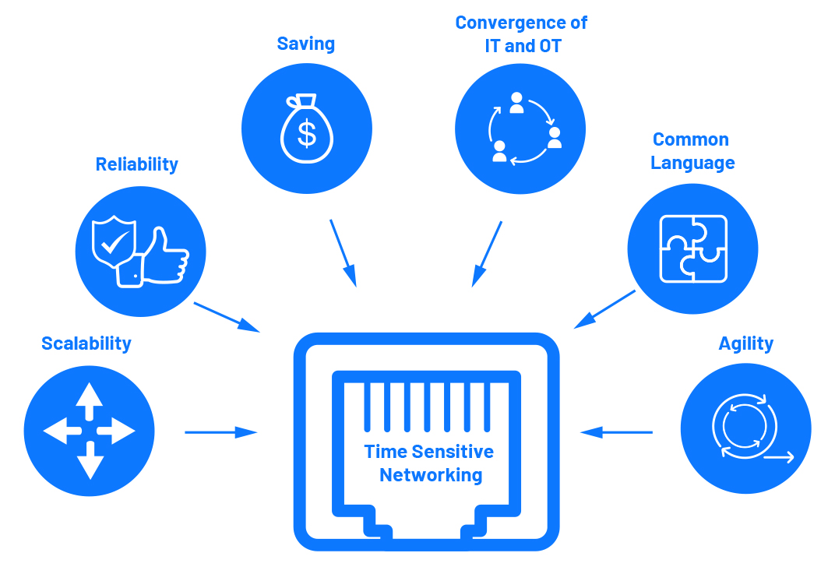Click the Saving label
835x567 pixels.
coord(305,44)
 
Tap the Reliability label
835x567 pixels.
coord(137,164)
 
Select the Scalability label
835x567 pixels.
coord(86,344)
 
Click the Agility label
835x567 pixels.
coord(746,344)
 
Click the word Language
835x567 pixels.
coord(692,163)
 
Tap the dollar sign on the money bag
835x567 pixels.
coord(307,134)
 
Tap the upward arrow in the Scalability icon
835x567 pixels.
coord(89,400)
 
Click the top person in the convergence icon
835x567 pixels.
coord(516,104)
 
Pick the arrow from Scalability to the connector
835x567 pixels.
coord(221,432)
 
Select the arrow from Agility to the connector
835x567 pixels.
coord(616,431)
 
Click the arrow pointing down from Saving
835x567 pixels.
coord(343,253)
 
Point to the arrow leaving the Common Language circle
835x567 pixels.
coord(604,309)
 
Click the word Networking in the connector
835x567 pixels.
coord(431,475)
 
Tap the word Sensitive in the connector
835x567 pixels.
coord(453,452)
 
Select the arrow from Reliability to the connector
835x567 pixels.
coord(227,317)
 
